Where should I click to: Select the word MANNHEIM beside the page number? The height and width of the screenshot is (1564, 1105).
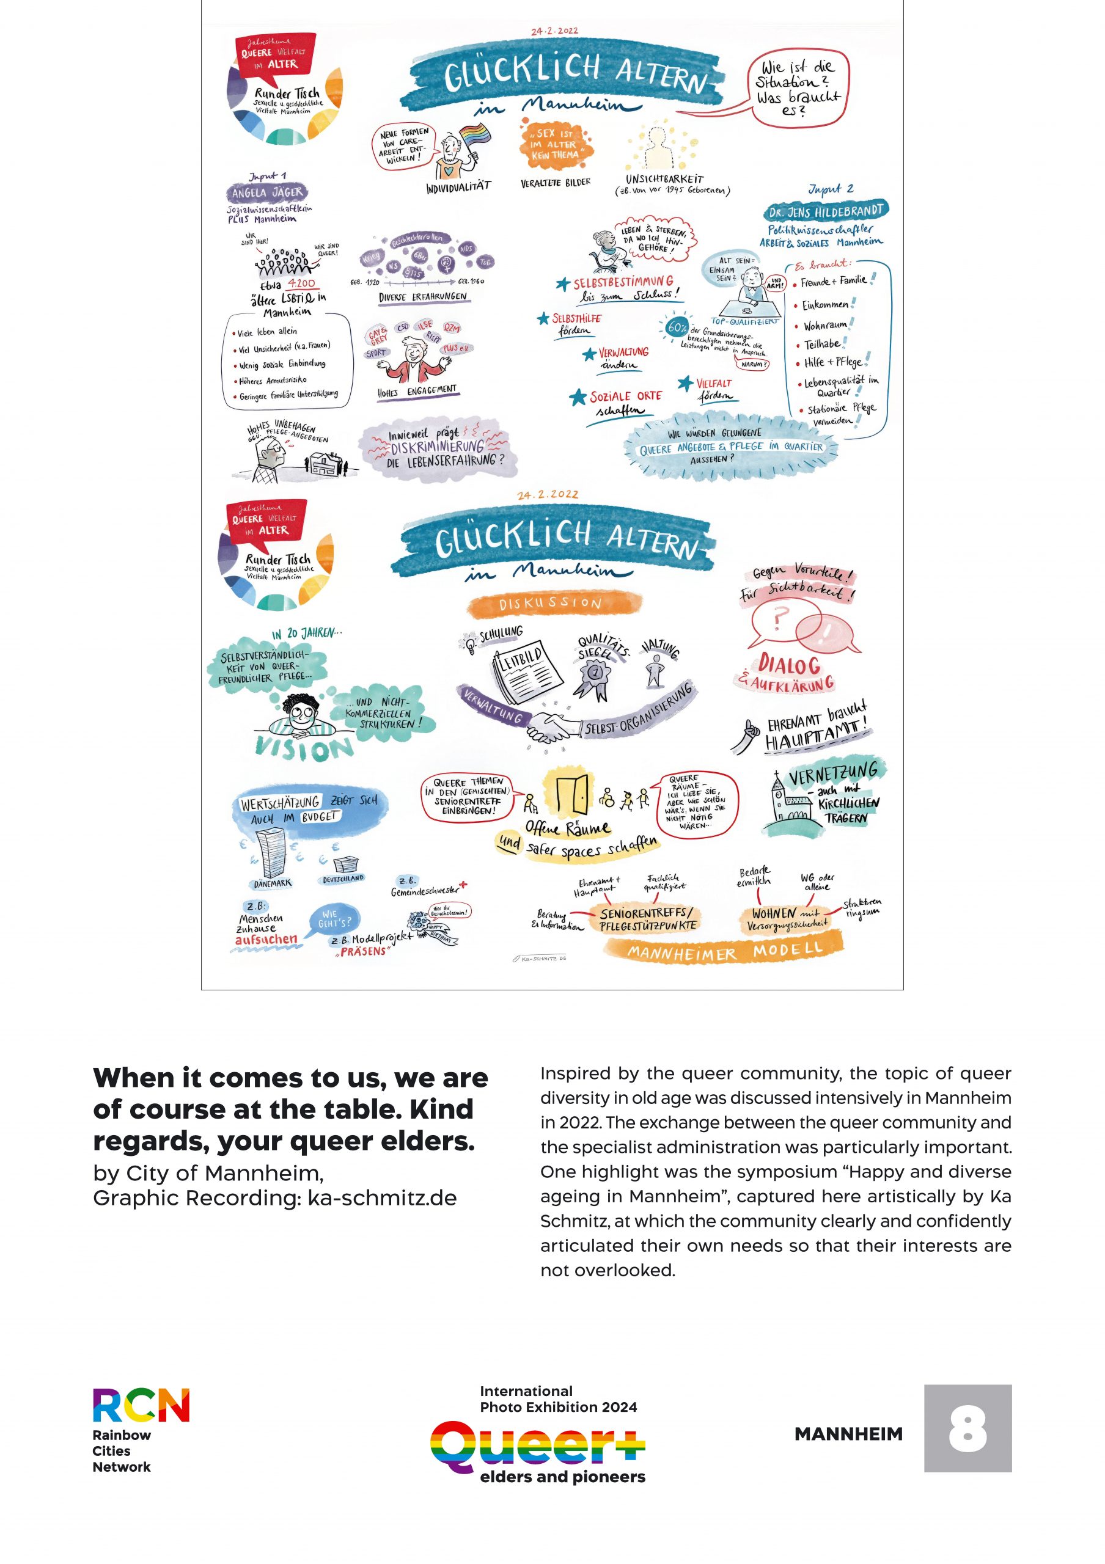(x=848, y=1434)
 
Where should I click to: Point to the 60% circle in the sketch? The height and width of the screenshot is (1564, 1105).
(x=677, y=327)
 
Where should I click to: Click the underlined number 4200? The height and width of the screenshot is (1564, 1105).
(x=301, y=283)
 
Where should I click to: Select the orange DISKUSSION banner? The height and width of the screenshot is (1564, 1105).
(x=554, y=603)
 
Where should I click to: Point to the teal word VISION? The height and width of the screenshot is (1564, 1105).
(x=304, y=748)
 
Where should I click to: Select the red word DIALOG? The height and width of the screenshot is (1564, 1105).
(x=789, y=664)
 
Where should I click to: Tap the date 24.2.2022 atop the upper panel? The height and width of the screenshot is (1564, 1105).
(x=554, y=31)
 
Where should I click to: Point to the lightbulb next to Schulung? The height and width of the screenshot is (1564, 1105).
(x=469, y=642)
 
